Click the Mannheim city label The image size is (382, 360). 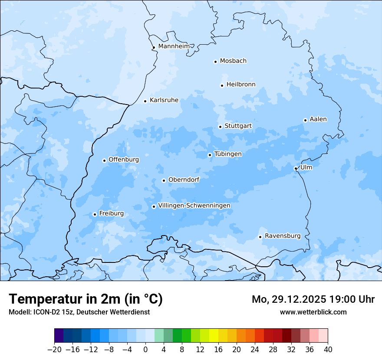pos(174,46)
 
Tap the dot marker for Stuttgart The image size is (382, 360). pos(220,127)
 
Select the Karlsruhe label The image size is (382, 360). pos(164,100)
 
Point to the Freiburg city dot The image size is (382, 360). pos(95,214)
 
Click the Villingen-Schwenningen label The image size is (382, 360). pos(194,206)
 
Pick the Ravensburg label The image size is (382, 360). pos(282,236)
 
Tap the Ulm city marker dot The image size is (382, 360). pos(296,168)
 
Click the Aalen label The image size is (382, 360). pos(318,119)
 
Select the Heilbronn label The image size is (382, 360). pos(241,85)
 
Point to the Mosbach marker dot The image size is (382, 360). pos(215,62)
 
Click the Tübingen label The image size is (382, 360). pos(228,154)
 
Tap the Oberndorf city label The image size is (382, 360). pos(184,180)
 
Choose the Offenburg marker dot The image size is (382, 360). pos(104,160)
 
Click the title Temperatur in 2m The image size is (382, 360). pos(86,299)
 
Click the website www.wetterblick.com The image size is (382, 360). pos(313,312)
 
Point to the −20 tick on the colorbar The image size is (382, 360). pos(54,349)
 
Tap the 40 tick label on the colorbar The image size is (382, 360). pos(328,349)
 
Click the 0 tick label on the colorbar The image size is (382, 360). pos(145,349)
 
